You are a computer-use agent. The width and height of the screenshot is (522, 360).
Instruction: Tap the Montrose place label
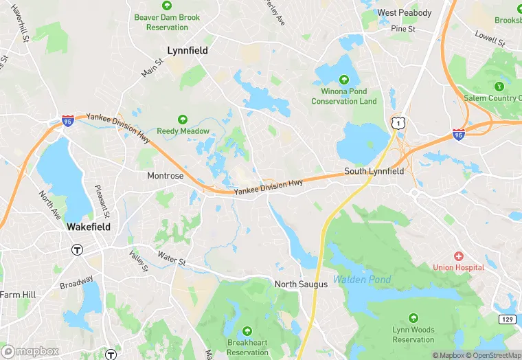point(166,176)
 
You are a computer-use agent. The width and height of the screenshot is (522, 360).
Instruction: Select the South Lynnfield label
point(374,171)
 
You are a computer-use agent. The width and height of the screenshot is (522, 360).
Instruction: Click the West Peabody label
point(405,13)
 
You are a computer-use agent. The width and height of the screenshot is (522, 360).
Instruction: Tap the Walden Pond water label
point(362,280)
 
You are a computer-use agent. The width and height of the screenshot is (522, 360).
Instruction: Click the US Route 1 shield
point(397,123)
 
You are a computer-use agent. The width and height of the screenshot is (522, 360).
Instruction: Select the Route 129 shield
point(507,319)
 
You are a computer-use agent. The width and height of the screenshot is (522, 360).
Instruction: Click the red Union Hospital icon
point(458,256)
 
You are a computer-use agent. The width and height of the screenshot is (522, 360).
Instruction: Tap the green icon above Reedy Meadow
point(183,120)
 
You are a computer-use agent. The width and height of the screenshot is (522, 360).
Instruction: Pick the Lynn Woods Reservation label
point(413,335)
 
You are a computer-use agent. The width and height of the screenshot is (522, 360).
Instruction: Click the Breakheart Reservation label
point(247,348)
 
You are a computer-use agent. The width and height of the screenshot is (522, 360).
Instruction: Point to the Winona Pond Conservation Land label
point(344,96)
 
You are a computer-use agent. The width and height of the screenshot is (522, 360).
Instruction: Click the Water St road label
point(172,261)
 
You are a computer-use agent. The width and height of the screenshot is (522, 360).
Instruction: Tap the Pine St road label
point(403,30)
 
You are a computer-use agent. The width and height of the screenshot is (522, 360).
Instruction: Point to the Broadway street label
point(76,283)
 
